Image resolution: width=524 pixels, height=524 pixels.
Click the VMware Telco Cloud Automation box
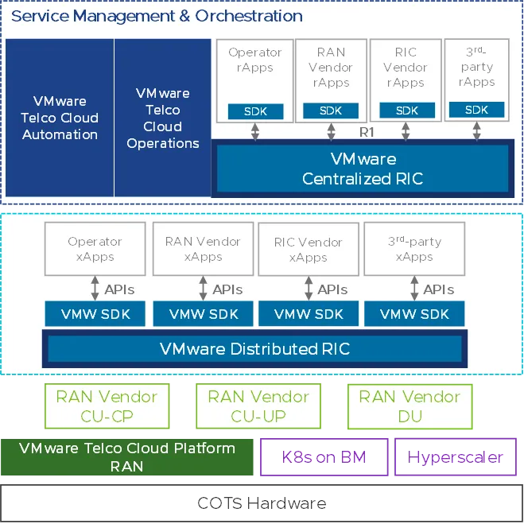tap(60, 118)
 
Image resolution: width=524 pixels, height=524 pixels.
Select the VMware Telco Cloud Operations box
tap(163, 118)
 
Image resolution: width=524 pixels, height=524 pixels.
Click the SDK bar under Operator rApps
tap(255, 111)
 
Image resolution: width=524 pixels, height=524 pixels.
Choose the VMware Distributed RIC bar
tap(254, 348)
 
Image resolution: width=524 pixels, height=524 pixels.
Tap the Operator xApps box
tap(95, 249)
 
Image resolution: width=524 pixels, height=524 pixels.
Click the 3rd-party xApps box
tap(414, 249)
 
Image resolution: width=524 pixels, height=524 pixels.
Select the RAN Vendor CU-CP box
tap(107, 406)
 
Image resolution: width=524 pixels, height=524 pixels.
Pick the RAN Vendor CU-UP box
tap(258, 406)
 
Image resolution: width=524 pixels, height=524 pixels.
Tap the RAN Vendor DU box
tap(409, 406)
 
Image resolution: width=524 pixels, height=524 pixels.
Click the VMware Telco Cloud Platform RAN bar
tap(127, 457)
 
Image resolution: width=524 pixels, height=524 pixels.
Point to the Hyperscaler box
tap(456, 457)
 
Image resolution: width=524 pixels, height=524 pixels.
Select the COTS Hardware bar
tap(262, 503)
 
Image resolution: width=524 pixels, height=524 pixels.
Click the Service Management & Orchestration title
tap(157, 16)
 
